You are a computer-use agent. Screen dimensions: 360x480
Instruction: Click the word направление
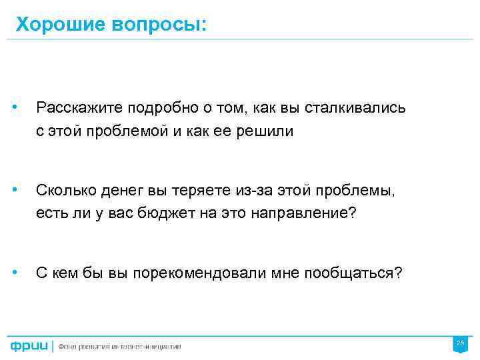pos(300,215)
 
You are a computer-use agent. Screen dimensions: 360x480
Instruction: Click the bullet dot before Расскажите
pos(23,107)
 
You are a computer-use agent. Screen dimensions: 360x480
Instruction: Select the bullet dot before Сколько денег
pos(23,191)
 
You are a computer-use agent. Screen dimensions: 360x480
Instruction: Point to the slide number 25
pos(459,343)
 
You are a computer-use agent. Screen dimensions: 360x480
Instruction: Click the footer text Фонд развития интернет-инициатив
pos(119,346)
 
